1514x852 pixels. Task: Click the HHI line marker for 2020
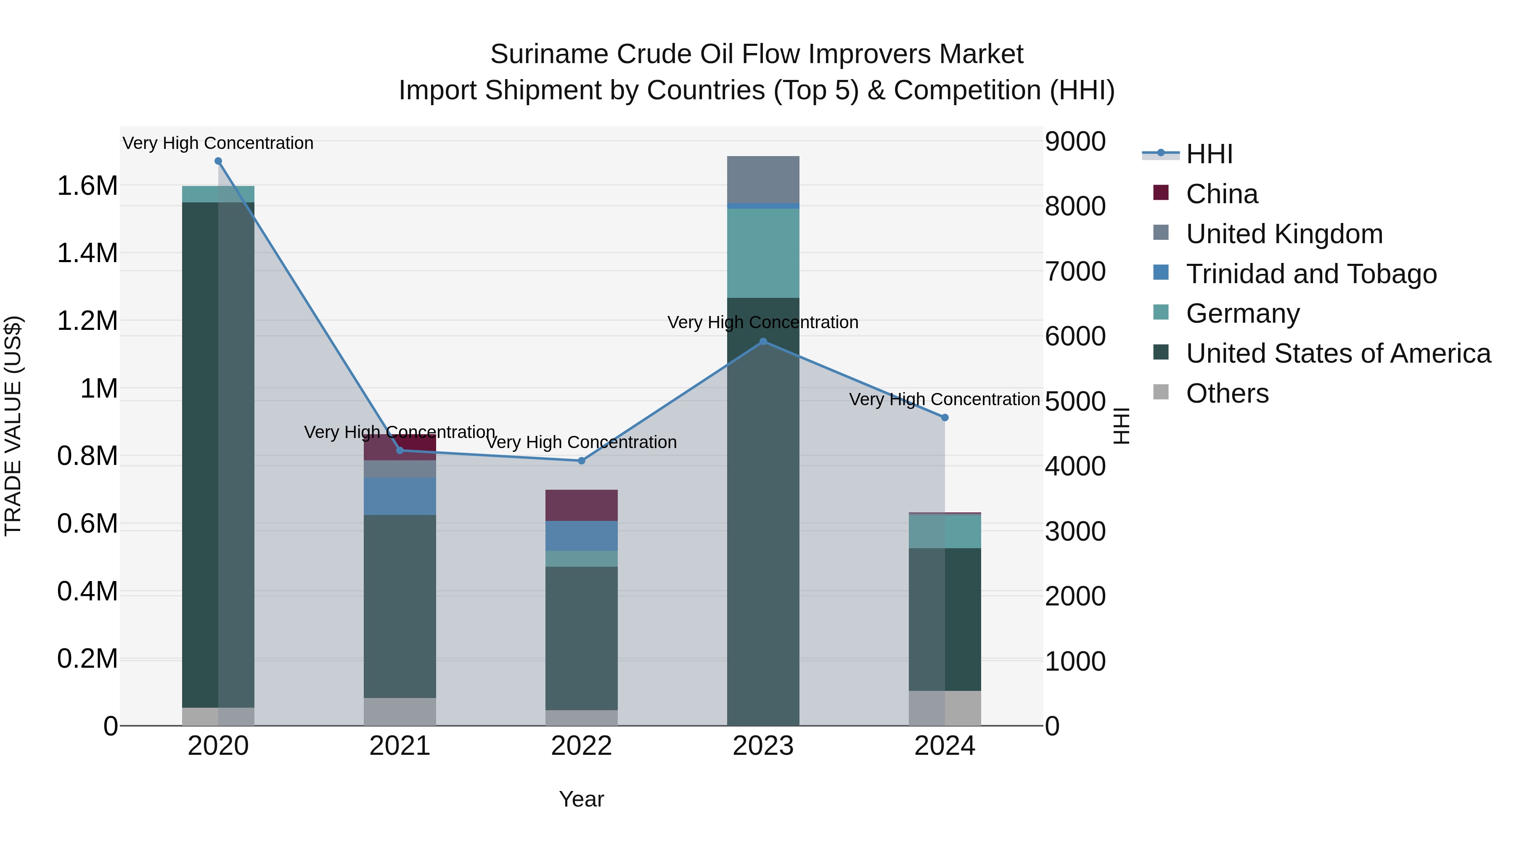pyautogui.click(x=218, y=161)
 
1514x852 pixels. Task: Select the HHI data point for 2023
pyautogui.click(x=763, y=341)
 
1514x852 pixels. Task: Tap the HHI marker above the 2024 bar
pyautogui.click(x=945, y=417)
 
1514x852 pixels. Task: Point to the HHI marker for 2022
pyautogui.click(x=581, y=461)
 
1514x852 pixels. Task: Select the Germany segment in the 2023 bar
pyautogui.click(x=763, y=253)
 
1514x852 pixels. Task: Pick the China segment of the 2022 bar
pyautogui.click(x=581, y=505)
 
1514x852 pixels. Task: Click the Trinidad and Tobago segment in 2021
pyautogui.click(x=400, y=496)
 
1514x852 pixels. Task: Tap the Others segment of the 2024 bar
pyautogui.click(x=945, y=708)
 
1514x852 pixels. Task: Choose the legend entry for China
pyautogui.click(x=1221, y=194)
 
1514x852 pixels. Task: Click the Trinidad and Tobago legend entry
pyautogui.click(x=1310, y=274)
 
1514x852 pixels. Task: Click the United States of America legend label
pyautogui.click(x=1338, y=353)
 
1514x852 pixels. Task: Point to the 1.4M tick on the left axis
pyautogui.click(x=87, y=253)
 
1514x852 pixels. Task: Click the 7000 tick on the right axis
pyautogui.click(x=1075, y=272)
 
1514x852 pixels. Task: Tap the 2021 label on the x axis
pyautogui.click(x=400, y=746)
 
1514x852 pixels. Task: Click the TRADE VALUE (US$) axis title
pyautogui.click(x=13, y=426)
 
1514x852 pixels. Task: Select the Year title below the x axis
pyautogui.click(x=581, y=799)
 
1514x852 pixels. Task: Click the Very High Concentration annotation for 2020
pyautogui.click(x=218, y=143)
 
